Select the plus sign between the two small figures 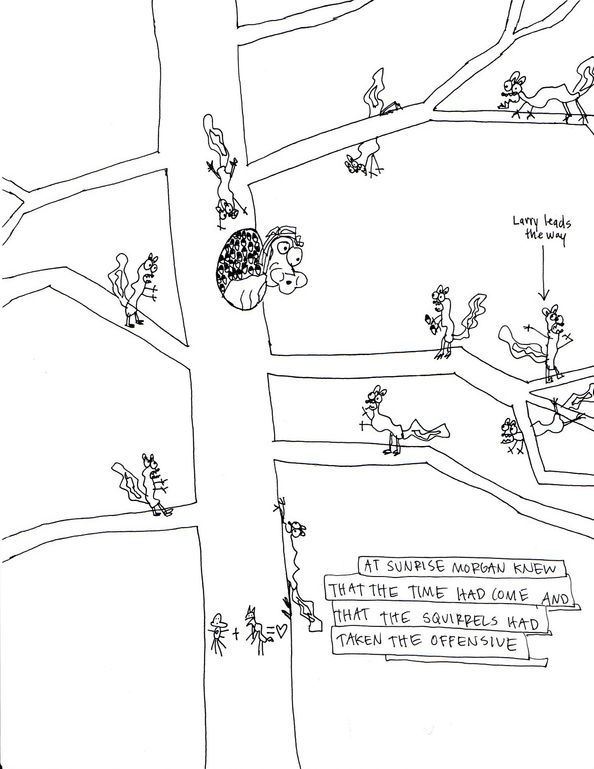pyautogui.click(x=236, y=633)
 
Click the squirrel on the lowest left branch pyautogui.click(x=147, y=485)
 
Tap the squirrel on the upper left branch pyautogui.click(x=137, y=289)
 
